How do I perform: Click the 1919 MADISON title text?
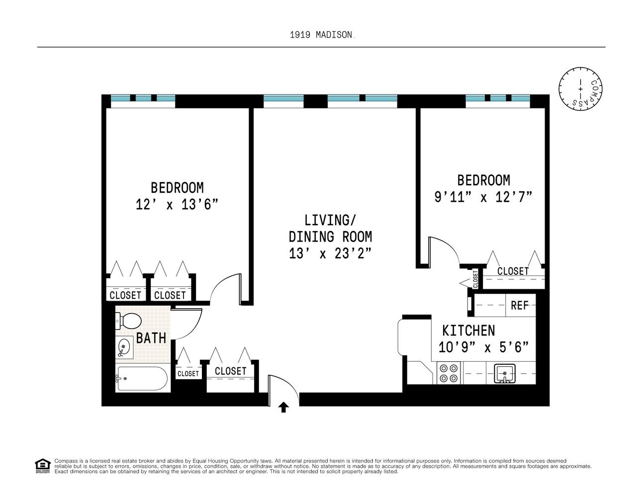(321, 35)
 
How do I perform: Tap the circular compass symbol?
(580, 89)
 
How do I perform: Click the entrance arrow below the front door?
(283, 407)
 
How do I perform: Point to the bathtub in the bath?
(143, 379)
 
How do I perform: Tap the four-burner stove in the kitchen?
(449, 373)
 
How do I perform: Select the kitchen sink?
(504, 373)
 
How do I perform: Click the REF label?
(520, 305)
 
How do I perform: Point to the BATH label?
(151, 338)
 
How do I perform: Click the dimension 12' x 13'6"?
(177, 204)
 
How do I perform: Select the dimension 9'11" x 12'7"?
(483, 197)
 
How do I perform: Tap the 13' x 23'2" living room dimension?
(330, 253)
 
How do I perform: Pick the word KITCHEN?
(468, 331)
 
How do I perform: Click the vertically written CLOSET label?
(475, 279)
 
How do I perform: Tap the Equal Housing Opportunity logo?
(43, 466)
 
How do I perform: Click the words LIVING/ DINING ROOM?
(330, 228)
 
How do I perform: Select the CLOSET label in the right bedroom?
(513, 271)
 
